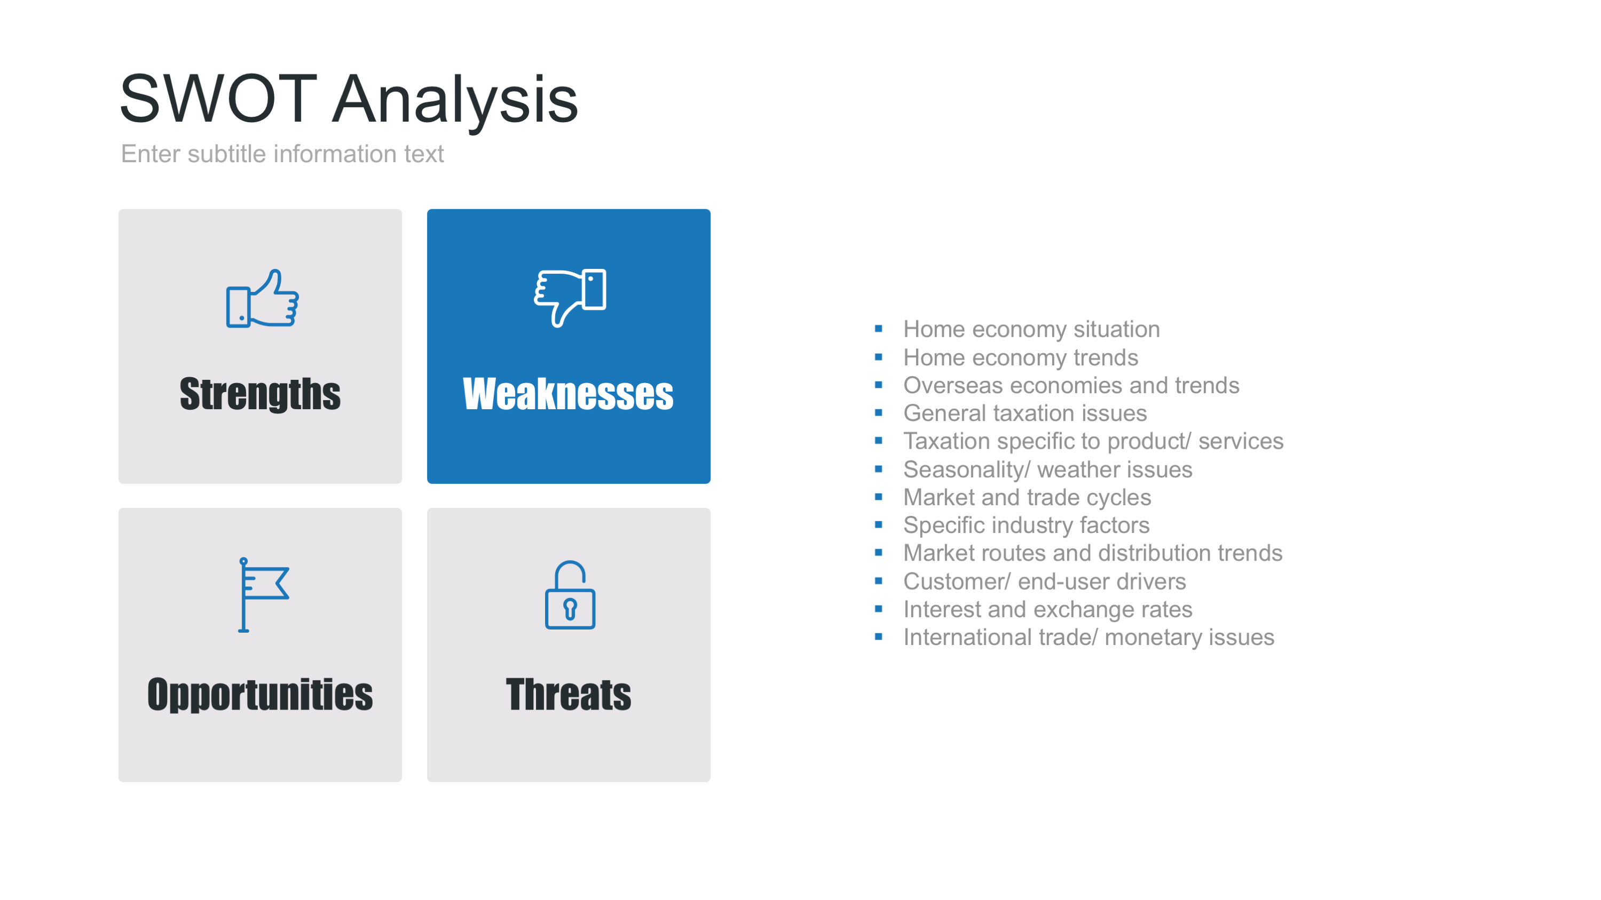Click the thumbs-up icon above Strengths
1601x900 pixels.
262,298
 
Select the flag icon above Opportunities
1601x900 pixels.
264,595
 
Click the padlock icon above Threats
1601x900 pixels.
570,595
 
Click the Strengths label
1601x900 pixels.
260,394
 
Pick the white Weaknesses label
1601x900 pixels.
568,394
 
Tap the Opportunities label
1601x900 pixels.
260,695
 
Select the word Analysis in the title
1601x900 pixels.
455,101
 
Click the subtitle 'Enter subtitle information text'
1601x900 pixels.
282,154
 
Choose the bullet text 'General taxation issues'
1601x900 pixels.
1025,413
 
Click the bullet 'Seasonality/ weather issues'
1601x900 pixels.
1048,469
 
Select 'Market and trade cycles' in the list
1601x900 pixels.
1027,498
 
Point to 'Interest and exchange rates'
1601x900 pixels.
1048,609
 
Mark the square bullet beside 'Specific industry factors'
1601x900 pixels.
878,525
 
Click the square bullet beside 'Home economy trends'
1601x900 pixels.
878,357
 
